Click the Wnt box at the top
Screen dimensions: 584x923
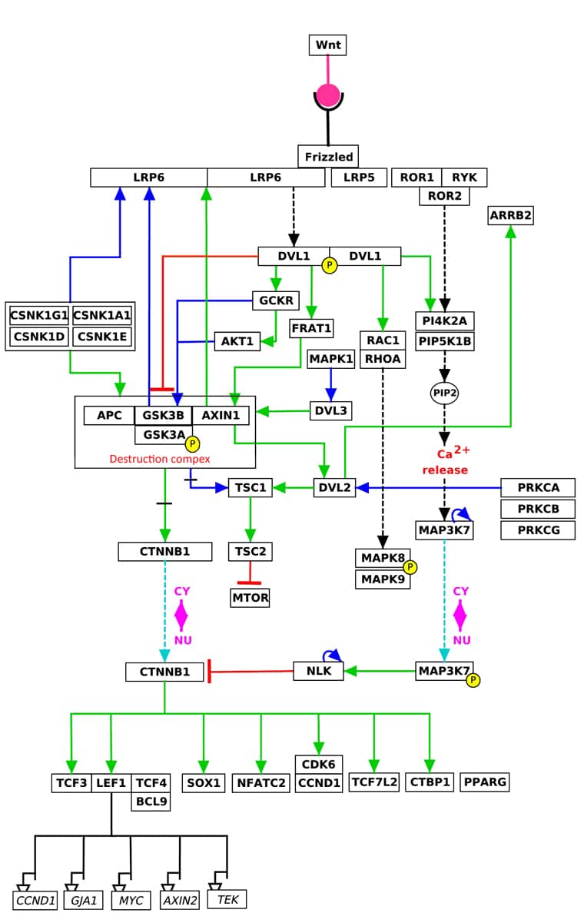[327, 45]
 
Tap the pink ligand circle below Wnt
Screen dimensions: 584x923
[328, 95]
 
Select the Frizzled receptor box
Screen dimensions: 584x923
[328, 157]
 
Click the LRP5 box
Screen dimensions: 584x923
[359, 178]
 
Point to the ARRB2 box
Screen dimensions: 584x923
[511, 215]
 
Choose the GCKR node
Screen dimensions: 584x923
[276, 300]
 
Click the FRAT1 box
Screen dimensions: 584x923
[311, 328]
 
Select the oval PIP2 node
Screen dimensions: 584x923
[444, 393]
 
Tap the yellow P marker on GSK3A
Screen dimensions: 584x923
[192, 443]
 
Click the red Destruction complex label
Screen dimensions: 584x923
[160, 459]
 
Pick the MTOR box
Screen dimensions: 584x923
[250, 597]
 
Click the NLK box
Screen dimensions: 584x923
[319, 671]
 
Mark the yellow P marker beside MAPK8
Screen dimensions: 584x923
[410, 567]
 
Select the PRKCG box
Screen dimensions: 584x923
[538, 530]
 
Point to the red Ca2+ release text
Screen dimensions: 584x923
[446, 460]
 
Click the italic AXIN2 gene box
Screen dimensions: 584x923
[180, 901]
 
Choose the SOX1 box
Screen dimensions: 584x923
[203, 782]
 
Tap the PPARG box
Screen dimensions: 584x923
[485, 782]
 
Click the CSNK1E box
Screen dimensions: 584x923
[102, 337]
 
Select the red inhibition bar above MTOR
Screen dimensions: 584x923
[249, 583]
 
